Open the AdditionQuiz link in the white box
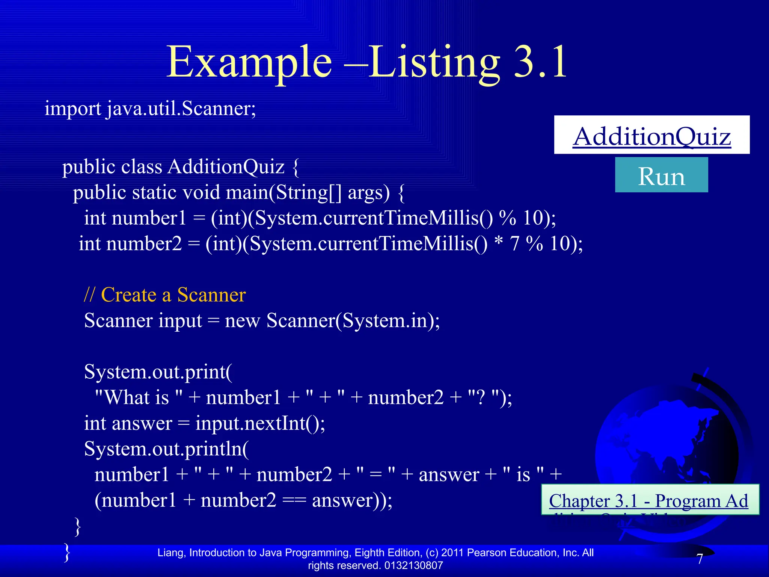tap(652, 136)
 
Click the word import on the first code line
tap(72, 109)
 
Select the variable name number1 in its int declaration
tap(149, 218)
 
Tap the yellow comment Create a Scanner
tap(173, 295)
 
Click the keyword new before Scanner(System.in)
tap(242, 321)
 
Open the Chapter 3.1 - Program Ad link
tap(648, 501)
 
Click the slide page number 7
tap(700, 559)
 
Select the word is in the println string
tap(523, 475)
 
